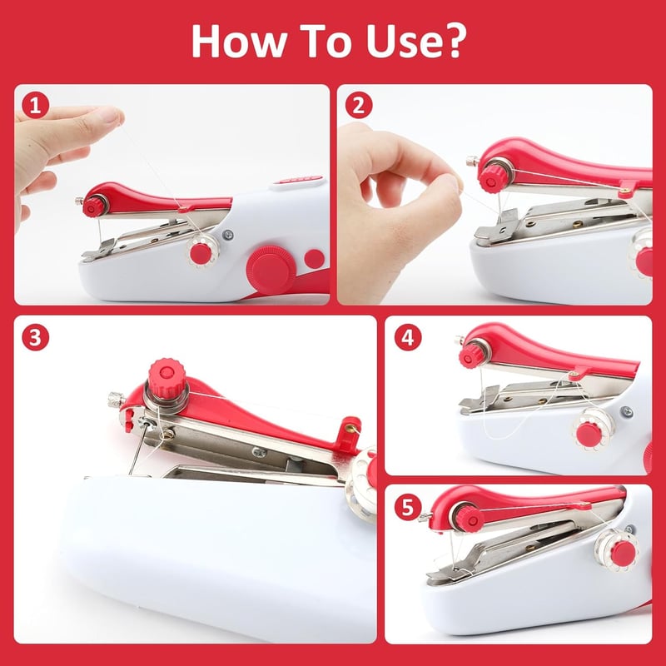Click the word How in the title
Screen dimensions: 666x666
click(239, 41)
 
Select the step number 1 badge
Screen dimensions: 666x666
click(36, 106)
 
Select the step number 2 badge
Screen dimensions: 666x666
click(359, 106)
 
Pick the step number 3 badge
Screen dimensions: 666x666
click(36, 338)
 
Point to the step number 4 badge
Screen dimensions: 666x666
click(408, 338)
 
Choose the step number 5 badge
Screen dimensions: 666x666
click(408, 507)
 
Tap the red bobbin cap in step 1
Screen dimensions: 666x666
click(201, 254)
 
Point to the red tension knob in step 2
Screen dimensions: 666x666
click(491, 179)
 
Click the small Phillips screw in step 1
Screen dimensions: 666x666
click(228, 234)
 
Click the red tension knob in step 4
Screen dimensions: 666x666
click(470, 356)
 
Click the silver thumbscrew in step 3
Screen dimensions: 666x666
click(116, 400)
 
